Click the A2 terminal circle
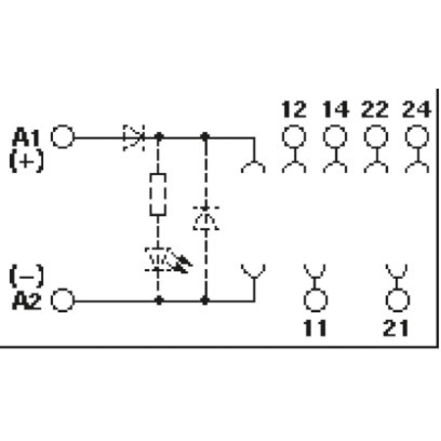pos(62,301)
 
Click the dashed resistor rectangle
pos(158,195)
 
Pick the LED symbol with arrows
pos(166,260)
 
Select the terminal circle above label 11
pos(315,300)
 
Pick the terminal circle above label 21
pos(397,300)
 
